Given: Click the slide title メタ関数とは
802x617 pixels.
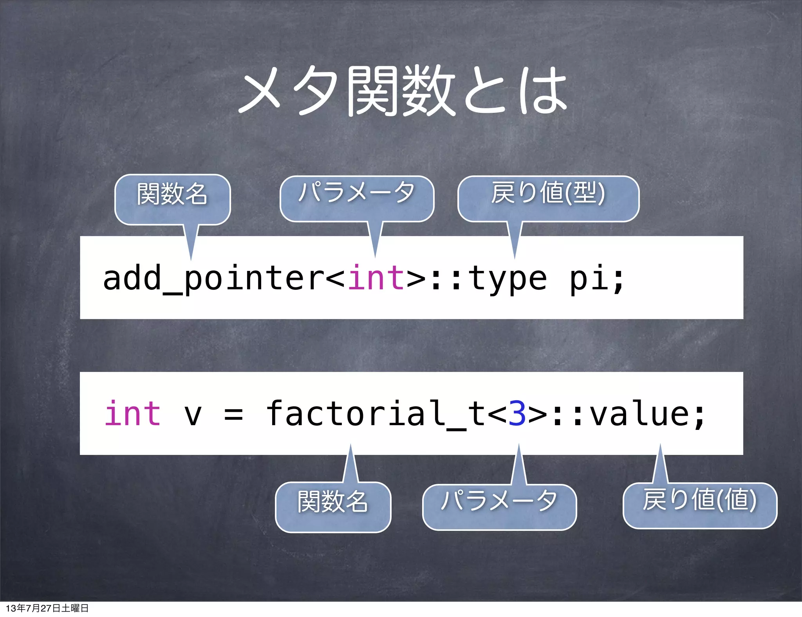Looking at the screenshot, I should (x=403, y=91).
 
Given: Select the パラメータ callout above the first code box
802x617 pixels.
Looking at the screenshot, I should (x=357, y=198).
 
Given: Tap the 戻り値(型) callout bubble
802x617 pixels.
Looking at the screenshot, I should (x=548, y=198).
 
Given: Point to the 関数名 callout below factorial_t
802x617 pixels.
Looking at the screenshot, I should (x=333, y=507).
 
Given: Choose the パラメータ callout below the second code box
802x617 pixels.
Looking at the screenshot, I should (x=499, y=507).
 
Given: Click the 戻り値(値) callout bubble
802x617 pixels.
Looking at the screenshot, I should (x=700, y=505).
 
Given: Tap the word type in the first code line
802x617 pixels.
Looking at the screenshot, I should (x=508, y=279).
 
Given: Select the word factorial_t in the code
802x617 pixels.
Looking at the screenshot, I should (x=376, y=414).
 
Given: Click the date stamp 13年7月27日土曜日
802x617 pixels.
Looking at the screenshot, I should (x=47, y=608).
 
